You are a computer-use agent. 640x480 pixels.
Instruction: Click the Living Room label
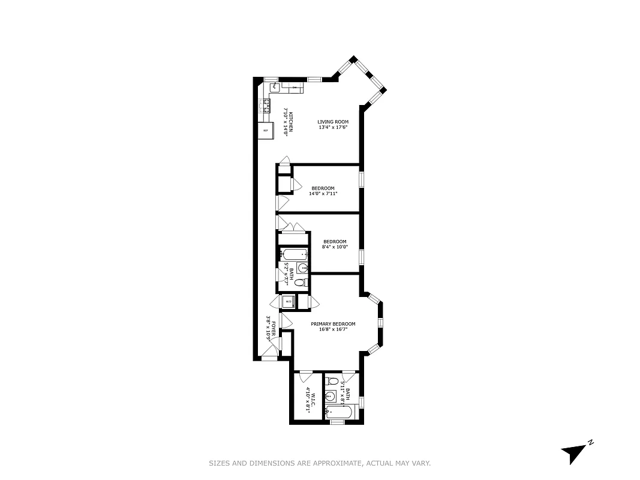coord(333,122)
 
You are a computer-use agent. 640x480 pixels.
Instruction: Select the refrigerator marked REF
coord(266,130)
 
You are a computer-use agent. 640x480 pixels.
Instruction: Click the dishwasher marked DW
coord(294,88)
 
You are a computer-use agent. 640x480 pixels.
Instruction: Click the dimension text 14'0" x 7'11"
coord(323,193)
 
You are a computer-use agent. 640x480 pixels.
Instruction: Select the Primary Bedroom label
coord(333,324)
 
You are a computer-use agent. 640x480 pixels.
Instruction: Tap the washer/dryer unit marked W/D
coord(289,301)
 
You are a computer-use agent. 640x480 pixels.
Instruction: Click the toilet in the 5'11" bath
coord(333,381)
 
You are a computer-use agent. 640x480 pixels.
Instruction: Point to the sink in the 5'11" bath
coord(330,395)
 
